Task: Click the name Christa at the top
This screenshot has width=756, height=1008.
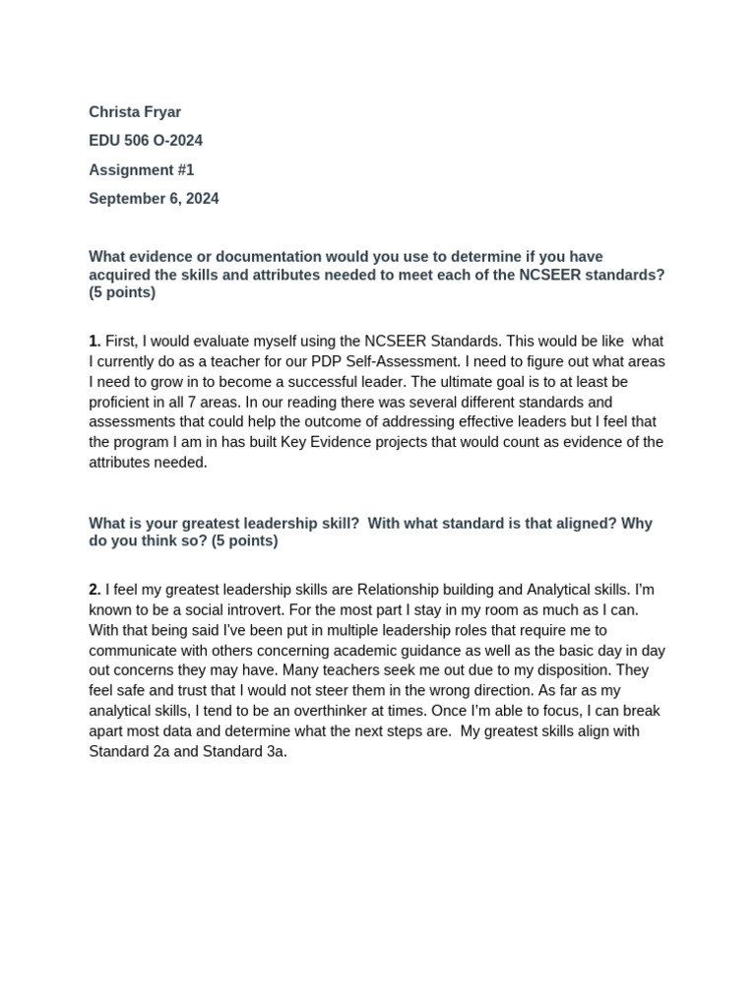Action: click(x=112, y=112)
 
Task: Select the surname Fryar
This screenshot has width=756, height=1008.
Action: click(x=160, y=112)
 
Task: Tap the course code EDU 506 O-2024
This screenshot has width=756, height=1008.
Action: click(x=146, y=141)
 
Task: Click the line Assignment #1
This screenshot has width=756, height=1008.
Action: click(x=142, y=169)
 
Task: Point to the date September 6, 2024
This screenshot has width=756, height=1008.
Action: click(x=154, y=198)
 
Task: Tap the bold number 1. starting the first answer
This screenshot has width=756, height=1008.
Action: click(x=95, y=341)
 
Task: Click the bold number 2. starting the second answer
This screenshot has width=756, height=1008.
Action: click(x=95, y=590)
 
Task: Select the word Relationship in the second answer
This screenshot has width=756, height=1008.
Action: click(x=400, y=590)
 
